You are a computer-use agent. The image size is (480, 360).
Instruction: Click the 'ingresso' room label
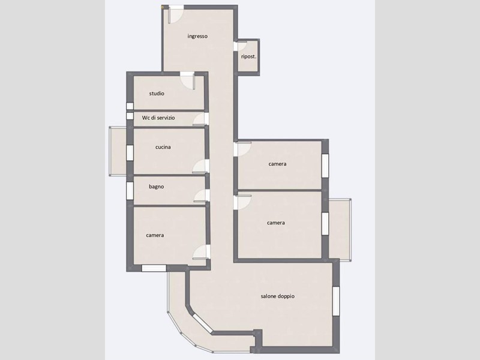point(197,36)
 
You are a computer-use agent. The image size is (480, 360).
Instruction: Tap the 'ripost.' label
point(248,56)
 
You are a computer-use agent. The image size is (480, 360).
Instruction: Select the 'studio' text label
point(157,94)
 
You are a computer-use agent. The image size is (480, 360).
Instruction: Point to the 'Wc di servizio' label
point(158,118)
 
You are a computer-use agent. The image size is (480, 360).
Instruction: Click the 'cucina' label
point(163,147)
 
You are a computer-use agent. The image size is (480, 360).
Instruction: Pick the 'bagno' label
point(157,187)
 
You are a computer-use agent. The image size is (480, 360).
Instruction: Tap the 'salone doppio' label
point(278,296)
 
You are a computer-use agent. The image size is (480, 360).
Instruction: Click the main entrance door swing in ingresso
point(175,14)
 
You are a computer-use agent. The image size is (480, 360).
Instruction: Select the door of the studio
point(188,80)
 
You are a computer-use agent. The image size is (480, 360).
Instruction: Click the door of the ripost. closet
point(242,46)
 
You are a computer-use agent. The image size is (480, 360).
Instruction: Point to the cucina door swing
point(201,167)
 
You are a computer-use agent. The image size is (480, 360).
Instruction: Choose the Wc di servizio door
point(201,119)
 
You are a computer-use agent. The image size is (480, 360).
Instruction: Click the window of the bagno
point(130,191)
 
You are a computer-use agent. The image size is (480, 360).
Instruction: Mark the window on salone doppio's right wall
point(336,301)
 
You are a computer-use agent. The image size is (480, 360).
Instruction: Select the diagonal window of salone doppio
point(202,323)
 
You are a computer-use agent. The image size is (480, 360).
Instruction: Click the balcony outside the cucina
point(118,151)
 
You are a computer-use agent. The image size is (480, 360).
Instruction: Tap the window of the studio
point(130,106)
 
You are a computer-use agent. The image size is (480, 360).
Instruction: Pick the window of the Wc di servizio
point(130,116)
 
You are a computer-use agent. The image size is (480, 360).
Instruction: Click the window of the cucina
point(130,153)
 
